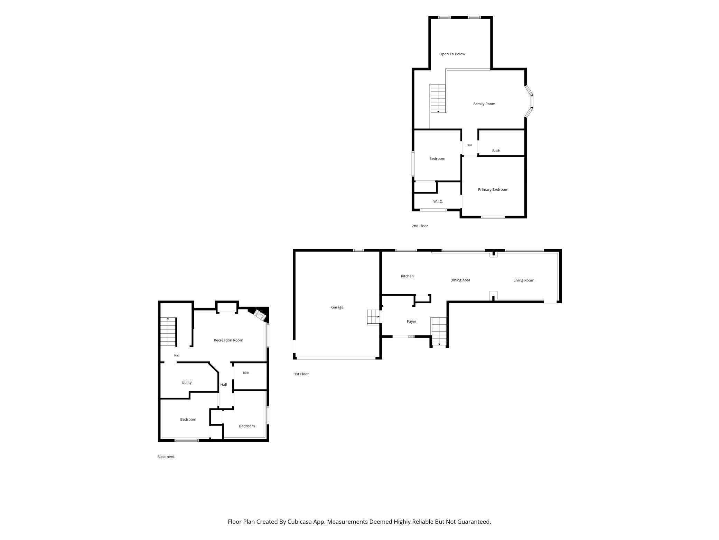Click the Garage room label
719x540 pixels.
pos(337,307)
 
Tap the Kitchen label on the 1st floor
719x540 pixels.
pos(407,276)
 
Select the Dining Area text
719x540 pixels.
pos(460,280)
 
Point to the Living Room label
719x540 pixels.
pos(524,280)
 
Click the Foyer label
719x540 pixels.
pos(411,322)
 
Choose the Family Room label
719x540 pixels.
pos(484,104)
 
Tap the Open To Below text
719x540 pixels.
pos(452,54)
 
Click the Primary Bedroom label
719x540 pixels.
pos(493,190)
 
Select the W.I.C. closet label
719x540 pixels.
pos(438,201)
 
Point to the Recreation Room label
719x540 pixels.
pos(228,340)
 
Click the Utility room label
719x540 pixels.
pos(187,382)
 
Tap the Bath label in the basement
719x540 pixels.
pos(246,373)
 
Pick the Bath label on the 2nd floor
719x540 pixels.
pos(496,151)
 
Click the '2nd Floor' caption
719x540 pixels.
pos(420,226)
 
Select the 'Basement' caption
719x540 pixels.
pos(166,457)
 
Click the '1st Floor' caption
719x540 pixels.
pos(301,374)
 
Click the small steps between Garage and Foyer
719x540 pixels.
pos(373,317)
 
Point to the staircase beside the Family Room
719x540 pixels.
pos(438,99)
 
